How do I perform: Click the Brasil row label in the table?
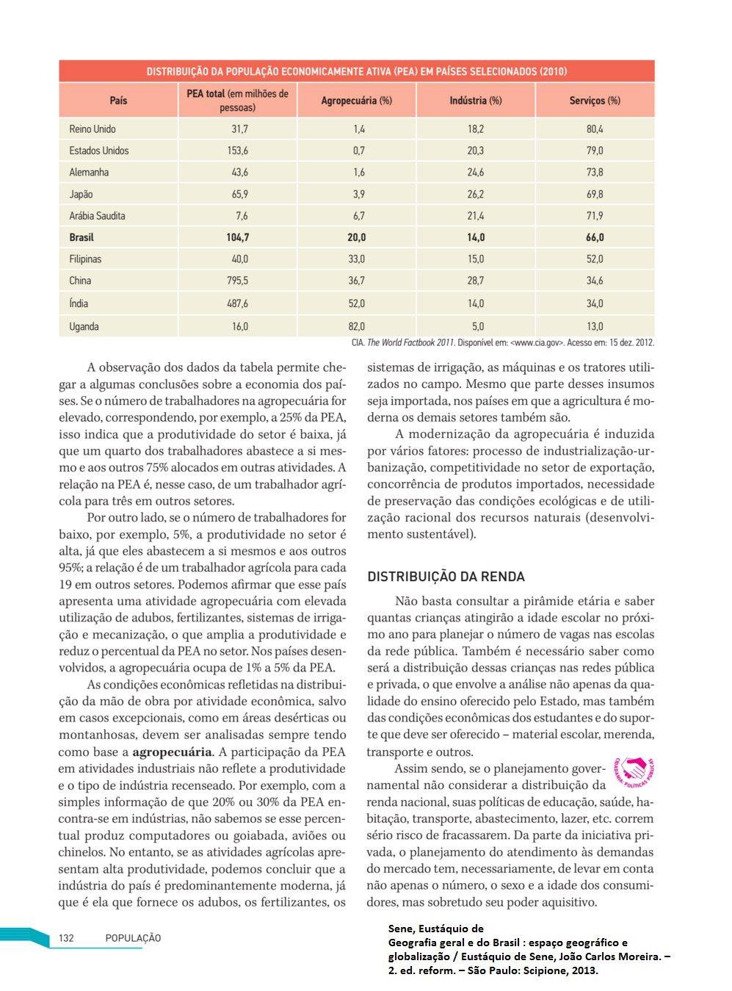(81, 237)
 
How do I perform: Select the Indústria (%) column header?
(476, 101)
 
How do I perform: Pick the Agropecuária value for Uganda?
(357, 326)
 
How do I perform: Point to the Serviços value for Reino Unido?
(595, 129)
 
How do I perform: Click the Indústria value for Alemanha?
(476, 173)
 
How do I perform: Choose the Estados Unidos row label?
(99, 151)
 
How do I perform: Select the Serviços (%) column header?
(595, 101)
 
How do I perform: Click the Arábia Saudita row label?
(98, 216)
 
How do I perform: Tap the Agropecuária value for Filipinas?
(357, 259)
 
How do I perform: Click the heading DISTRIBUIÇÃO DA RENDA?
(446, 577)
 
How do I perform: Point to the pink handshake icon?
(632, 771)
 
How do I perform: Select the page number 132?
(66, 938)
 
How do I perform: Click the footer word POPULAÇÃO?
(133, 938)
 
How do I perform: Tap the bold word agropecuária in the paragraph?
(172, 752)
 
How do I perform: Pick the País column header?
(118, 101)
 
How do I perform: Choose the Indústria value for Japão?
(476, 195)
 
